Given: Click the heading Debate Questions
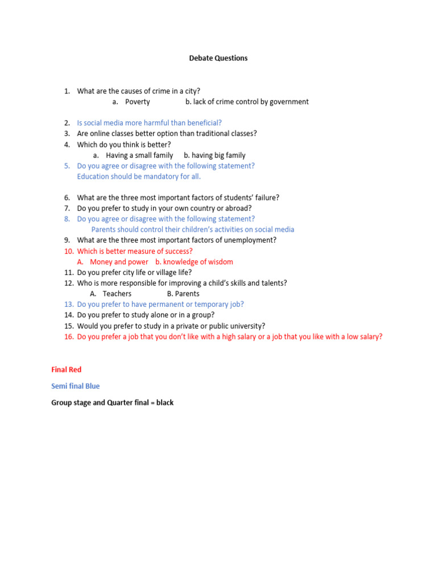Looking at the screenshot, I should pos(218,58).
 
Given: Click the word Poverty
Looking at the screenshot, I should pos(138,102).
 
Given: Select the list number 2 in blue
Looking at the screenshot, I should pos(67,123).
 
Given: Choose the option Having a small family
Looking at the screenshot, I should pos(139,155).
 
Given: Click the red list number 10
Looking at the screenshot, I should pos(68,251).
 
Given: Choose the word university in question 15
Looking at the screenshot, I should pos(246,326).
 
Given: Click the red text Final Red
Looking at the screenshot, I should pos(67,370).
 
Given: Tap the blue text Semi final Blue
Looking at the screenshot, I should pos(75,386).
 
